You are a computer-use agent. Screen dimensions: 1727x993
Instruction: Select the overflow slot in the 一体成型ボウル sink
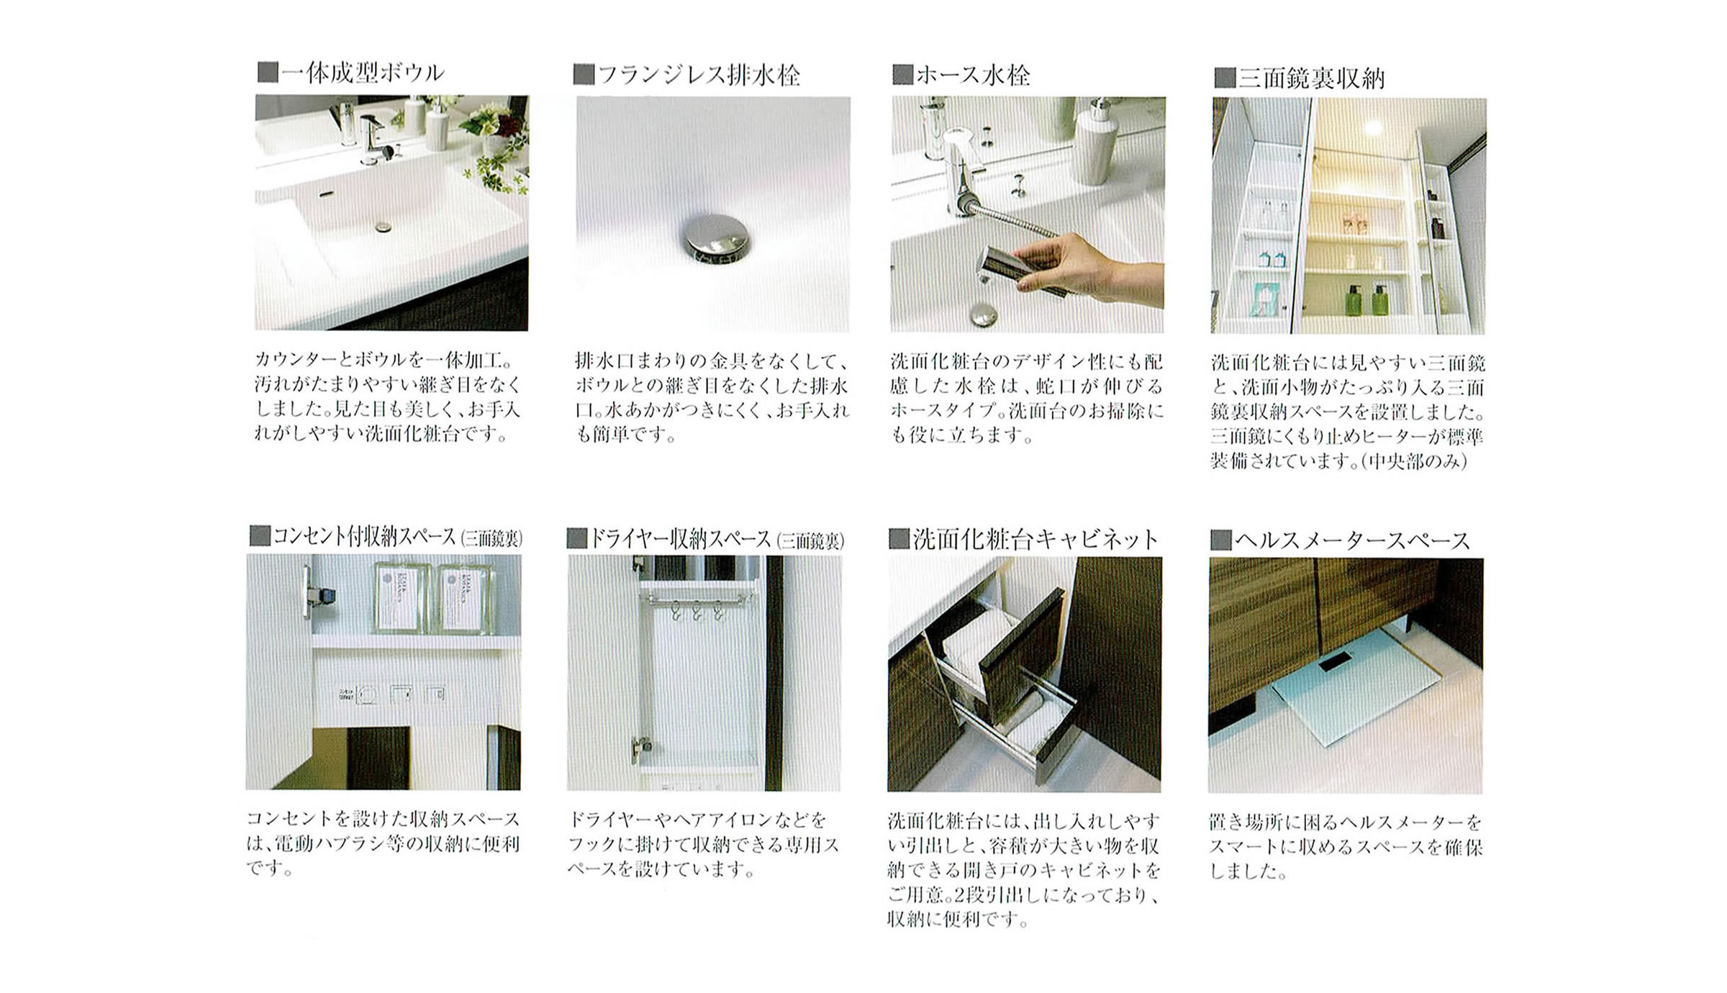327,194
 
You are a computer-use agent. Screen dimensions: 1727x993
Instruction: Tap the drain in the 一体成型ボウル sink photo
384,227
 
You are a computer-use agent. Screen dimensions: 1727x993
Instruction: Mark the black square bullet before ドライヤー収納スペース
576,538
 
